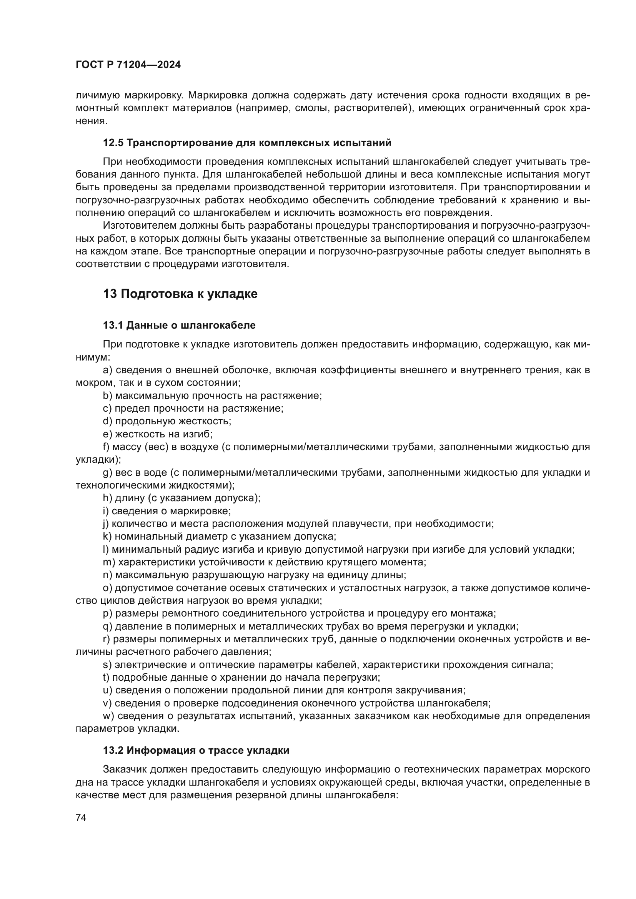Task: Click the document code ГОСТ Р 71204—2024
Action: click(x=128, y=65)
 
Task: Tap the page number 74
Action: click(x=81, y=818)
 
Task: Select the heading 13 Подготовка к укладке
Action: click(x=180, y=294)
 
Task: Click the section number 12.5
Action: click(x=113, y=143)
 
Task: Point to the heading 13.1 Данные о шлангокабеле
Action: click(x=179, y=325)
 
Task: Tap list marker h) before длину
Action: click(x=107, y=498)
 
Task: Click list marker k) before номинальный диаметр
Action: click(x=107, y=537)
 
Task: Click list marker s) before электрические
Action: click(x=107, y=665)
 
